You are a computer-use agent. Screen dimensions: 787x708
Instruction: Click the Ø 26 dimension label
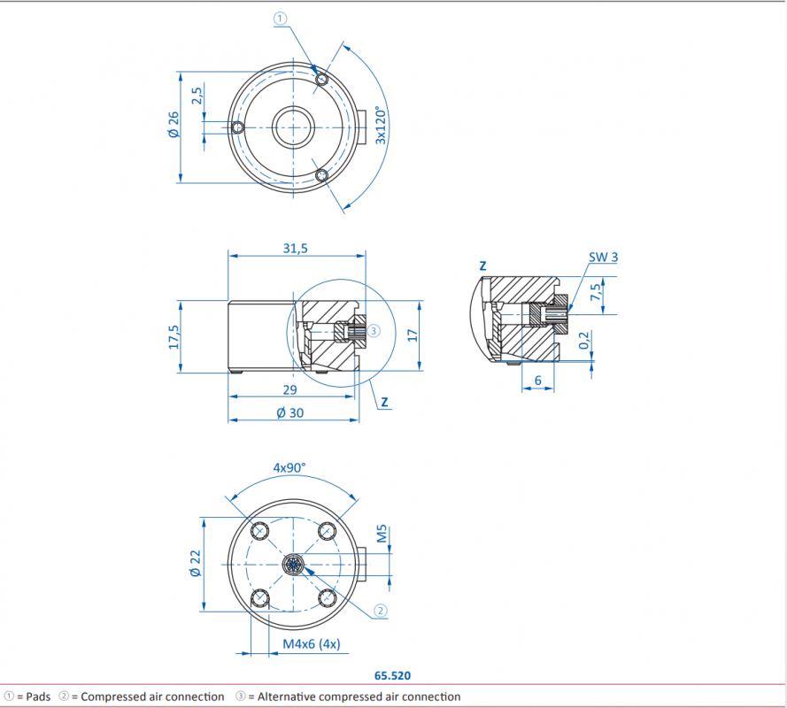pyautogui.click(x=174, y=125)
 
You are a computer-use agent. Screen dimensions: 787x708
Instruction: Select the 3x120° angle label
pyautogui.click(x=381, y=126)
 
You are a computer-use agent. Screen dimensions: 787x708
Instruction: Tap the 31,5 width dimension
pyautogui.click(x=295, y=249)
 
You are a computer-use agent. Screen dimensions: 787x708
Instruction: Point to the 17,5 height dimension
pyautogui.click(x=174, y=336)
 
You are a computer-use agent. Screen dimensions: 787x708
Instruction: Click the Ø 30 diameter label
pyautogui.click(x=290, y=413)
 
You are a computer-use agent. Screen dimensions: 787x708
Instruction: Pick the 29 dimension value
pyautogui.click(x=289, y=390)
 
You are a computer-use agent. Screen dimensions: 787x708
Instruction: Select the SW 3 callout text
pyautogui.click(x=603, y=257)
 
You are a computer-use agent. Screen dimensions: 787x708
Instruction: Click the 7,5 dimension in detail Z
pyautogui.click(x=595, y=293)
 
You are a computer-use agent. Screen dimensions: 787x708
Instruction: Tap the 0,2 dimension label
pyautogui.click(x=583, y=340)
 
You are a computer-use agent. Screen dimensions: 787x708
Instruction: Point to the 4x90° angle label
pyautogui.click(x=289, y=467)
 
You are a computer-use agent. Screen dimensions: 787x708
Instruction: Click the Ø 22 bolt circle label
pyautogui.click(x=196, y=564)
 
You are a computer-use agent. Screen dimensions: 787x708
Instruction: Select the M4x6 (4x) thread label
pyautogui.click(x=312, y=643)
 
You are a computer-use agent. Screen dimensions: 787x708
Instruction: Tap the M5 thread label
pyautogui.click(x=382, y=534)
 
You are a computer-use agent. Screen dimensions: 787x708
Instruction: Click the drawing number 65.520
pyautogui.click(x=392, y=675)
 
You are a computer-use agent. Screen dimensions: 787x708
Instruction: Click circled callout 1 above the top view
pyautogui.click(x=280, y=19)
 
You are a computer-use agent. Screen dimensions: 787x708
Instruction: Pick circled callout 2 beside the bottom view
pyautogui.click(x=381, y=611)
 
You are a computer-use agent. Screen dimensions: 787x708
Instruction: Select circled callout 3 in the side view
pyautogui.click(x=374, y=330)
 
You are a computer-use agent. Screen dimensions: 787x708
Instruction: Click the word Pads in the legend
pyautogui.click(x=38, y=696)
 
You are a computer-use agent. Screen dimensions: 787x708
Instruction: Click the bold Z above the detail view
pyautogui.click(x=482, y=265)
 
